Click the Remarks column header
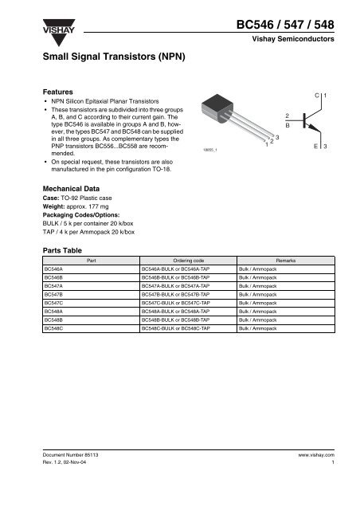coord(284,261)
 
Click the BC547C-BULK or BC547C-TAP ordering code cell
coord(174,304)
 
